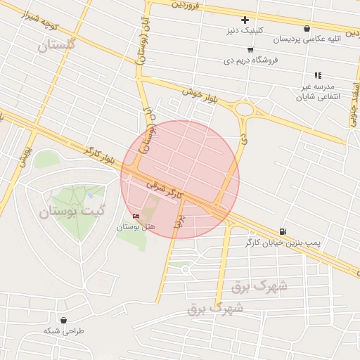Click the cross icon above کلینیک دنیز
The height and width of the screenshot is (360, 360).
pos(245,20)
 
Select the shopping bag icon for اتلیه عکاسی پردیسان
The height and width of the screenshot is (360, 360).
pos(307,29)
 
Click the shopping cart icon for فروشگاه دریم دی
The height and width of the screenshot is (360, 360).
pos(250,50)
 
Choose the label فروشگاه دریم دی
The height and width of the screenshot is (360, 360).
pos(251,60)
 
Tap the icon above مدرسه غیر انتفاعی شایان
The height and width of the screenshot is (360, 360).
pos(318,75)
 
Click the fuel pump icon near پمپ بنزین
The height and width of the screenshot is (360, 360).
pos(283,231)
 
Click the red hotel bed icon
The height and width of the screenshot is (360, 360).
pos(136,216)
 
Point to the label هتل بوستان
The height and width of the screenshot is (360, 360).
pos(135,226)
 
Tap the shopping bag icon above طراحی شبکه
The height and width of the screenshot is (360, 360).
pos(64,319)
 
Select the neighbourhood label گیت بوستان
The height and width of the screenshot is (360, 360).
pos(71,210)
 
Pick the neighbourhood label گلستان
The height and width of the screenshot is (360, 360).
pos(57,46)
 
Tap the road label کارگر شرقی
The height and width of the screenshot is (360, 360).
pos(165,186)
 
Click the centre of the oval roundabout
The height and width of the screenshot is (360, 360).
pos(245,109)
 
